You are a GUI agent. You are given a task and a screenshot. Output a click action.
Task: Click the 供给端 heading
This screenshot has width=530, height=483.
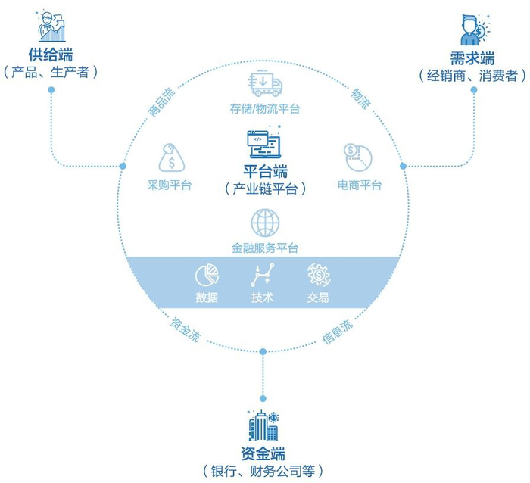point(51,55)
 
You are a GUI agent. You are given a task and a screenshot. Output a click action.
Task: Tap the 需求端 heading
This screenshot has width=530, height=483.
point(472,58)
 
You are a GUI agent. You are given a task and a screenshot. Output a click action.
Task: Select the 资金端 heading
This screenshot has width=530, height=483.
point(263,453)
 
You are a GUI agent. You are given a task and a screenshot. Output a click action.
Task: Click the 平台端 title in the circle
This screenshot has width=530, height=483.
point(265,170)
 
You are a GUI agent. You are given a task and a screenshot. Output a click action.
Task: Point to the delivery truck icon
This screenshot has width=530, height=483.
point(265,83)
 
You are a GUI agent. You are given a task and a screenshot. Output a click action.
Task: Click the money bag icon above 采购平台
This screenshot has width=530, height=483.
point(172,157)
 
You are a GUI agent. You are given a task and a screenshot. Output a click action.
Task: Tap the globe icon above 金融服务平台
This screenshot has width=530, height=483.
point(265,223)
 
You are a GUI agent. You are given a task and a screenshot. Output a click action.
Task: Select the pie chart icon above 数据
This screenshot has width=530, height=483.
point(207,275)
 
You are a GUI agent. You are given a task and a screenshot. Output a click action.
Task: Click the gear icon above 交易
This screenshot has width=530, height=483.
point(319,275)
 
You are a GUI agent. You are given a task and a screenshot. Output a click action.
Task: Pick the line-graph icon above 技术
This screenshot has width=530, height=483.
point(263,275)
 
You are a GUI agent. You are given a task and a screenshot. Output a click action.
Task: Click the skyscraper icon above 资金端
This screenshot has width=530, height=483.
point(263,425)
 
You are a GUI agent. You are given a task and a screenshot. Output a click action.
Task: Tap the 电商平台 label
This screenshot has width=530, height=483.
point(360,185)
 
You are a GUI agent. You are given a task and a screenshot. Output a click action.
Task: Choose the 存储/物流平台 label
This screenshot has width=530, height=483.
point(265,109)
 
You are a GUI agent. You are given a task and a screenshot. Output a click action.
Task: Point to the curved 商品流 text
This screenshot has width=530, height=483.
point(162,102)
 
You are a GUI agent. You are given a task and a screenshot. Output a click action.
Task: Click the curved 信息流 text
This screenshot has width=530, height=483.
point(338,332)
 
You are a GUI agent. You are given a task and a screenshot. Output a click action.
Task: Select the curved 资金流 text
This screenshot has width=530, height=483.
point(185,329)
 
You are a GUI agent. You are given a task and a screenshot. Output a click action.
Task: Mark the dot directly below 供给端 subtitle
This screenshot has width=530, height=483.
point(51,90)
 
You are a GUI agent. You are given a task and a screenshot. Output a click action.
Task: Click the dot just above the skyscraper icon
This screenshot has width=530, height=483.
point(263,398)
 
